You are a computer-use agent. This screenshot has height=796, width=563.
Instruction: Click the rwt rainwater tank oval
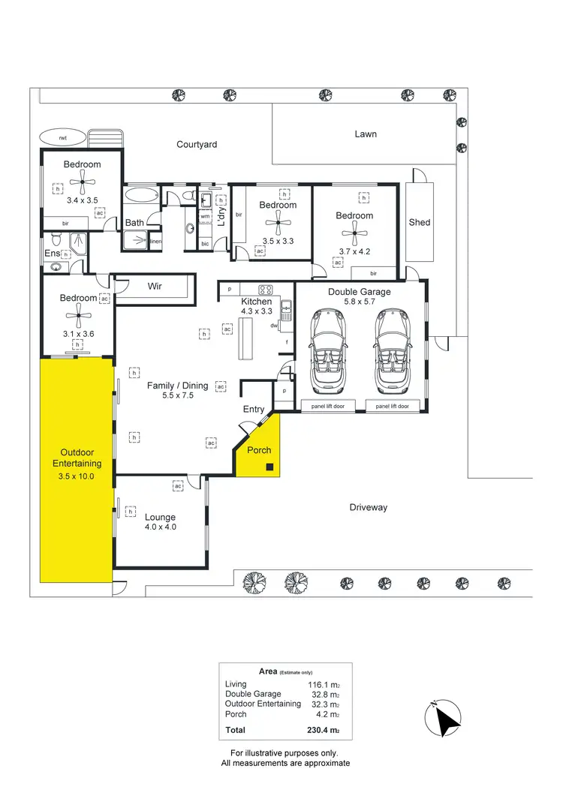[x=64, y=138]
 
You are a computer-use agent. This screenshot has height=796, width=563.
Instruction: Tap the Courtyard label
[x=197, y=144]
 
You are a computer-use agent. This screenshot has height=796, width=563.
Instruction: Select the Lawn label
[x=366, y=134]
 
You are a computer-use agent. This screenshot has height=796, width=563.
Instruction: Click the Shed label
[x=419, y=222]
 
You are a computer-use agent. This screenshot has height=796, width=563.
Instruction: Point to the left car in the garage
[x=327, y=350]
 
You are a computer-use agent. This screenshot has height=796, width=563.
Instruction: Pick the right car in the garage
[x=393, y=350]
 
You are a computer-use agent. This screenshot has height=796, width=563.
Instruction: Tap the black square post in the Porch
[x=269, y=468]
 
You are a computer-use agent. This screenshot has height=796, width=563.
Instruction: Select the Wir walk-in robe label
[x=155, y=287]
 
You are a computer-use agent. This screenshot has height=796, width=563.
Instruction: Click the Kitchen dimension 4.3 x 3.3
[x=256, y=311]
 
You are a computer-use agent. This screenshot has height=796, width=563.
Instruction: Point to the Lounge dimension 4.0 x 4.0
[x=160, y=527]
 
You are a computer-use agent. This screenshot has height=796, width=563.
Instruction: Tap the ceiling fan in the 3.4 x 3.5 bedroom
[x=83, y=180]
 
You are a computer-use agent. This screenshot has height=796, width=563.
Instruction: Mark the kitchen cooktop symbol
[x=266, y=290]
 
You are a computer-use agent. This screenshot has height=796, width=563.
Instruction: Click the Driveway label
[x=368, y=508]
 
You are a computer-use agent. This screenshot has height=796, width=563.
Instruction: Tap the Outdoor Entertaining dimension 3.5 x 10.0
[x=75, y=475]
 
